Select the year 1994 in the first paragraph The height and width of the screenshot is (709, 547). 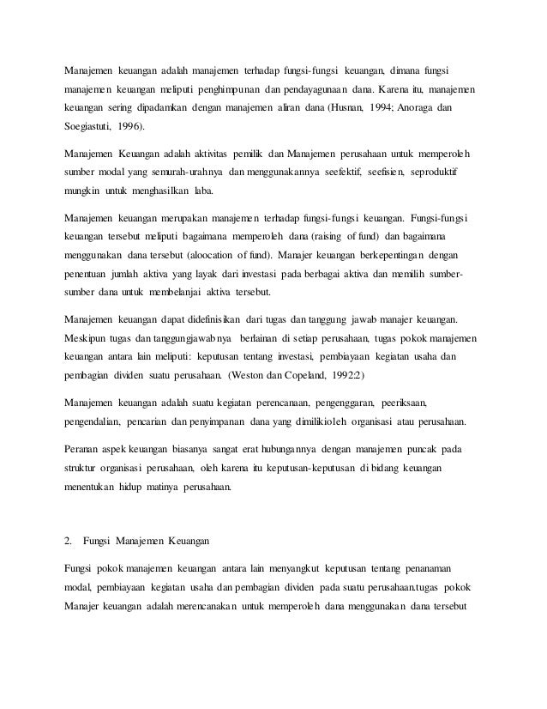pyautogui.click(x=370, y=109)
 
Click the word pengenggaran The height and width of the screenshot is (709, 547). pyautogui.click(x=323, y=402)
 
